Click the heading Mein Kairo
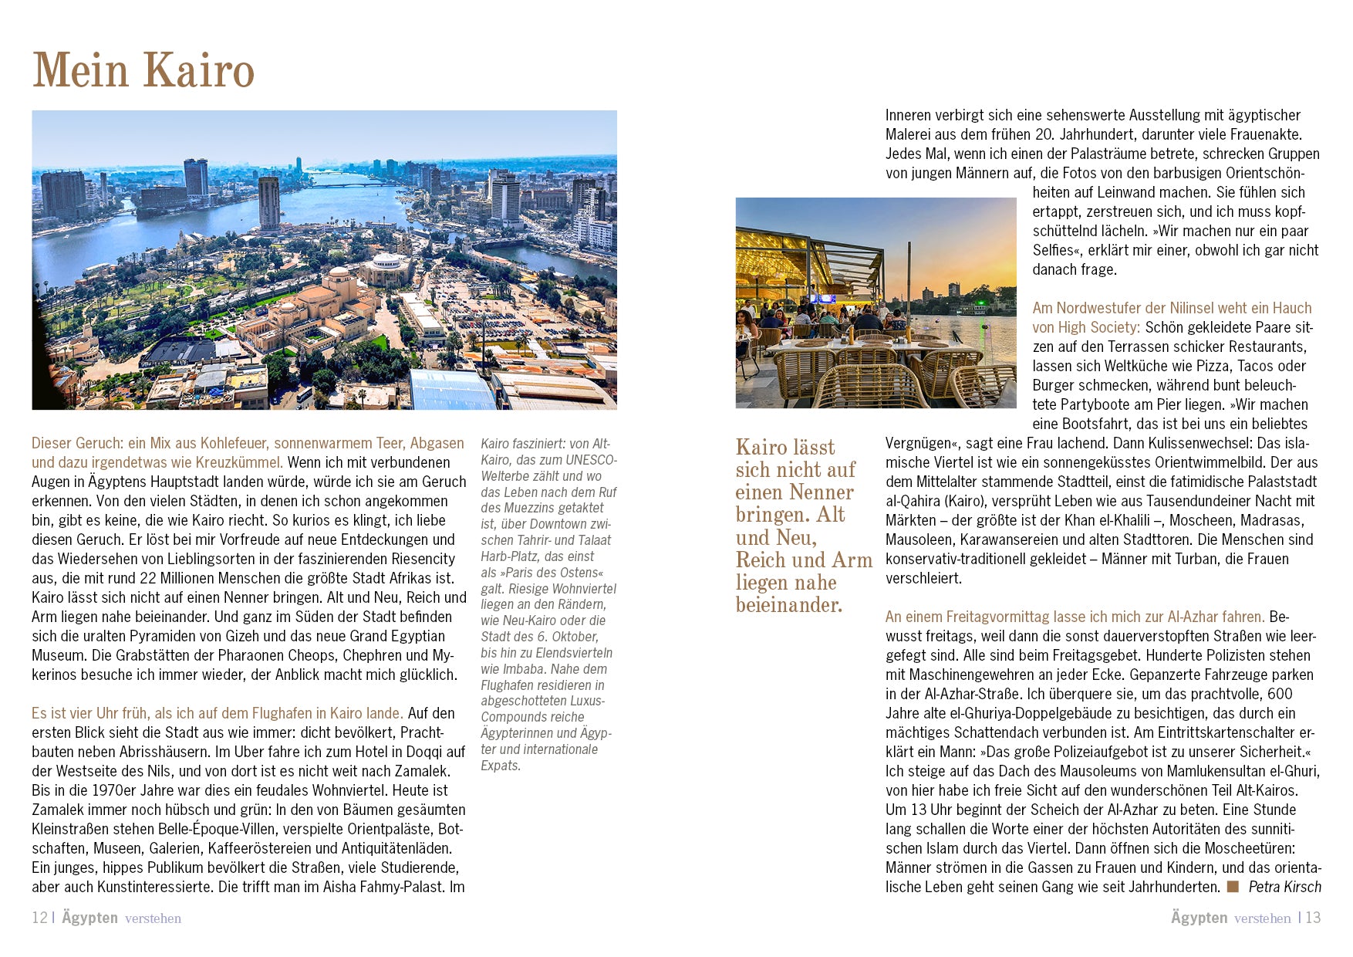143,70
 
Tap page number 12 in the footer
39,918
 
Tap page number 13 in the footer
1313,918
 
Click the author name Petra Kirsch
1284,887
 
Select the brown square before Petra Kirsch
1233,887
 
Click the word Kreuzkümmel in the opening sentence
241,462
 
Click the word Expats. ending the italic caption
501,766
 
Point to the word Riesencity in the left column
423,559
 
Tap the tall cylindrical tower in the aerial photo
269,202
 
